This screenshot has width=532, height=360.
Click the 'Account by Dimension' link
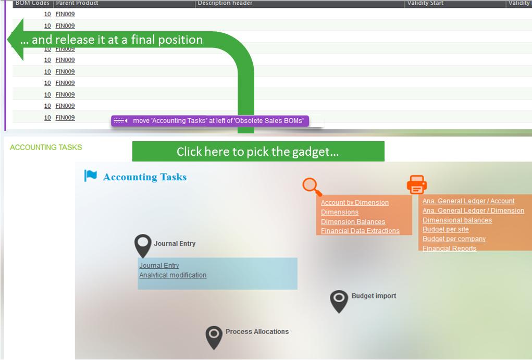pos(354,203)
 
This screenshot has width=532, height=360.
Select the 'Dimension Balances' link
pos(353,221)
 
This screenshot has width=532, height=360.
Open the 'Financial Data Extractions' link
pos(360,231)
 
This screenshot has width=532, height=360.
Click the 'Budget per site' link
pos(446,229)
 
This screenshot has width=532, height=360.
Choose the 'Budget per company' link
pos(454,239)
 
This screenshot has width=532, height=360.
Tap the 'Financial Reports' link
pos(449,248)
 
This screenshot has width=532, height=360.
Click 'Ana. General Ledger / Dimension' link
pos(473,210)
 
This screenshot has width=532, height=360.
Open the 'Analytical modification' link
pos(172,275)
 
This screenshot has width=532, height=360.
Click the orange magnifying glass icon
pos(312,187)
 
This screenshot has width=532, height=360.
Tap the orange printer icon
pos(417,184)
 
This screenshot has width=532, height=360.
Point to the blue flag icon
pos(91,176)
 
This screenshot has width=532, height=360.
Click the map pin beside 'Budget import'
pos(339,301)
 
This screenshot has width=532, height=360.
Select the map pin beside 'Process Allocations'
pos(214,337)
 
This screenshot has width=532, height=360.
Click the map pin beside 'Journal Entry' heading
pos(143,245)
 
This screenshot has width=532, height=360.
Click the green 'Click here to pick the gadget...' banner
pos(258,152)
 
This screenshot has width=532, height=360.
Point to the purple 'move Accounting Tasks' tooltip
pos(210,121)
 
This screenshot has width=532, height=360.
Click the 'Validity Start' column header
pos(425,3)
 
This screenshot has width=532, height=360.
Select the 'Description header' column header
pos(225,3)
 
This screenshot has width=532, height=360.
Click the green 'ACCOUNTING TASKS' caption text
pos(46,147)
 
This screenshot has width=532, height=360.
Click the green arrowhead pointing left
pos(18,40)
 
